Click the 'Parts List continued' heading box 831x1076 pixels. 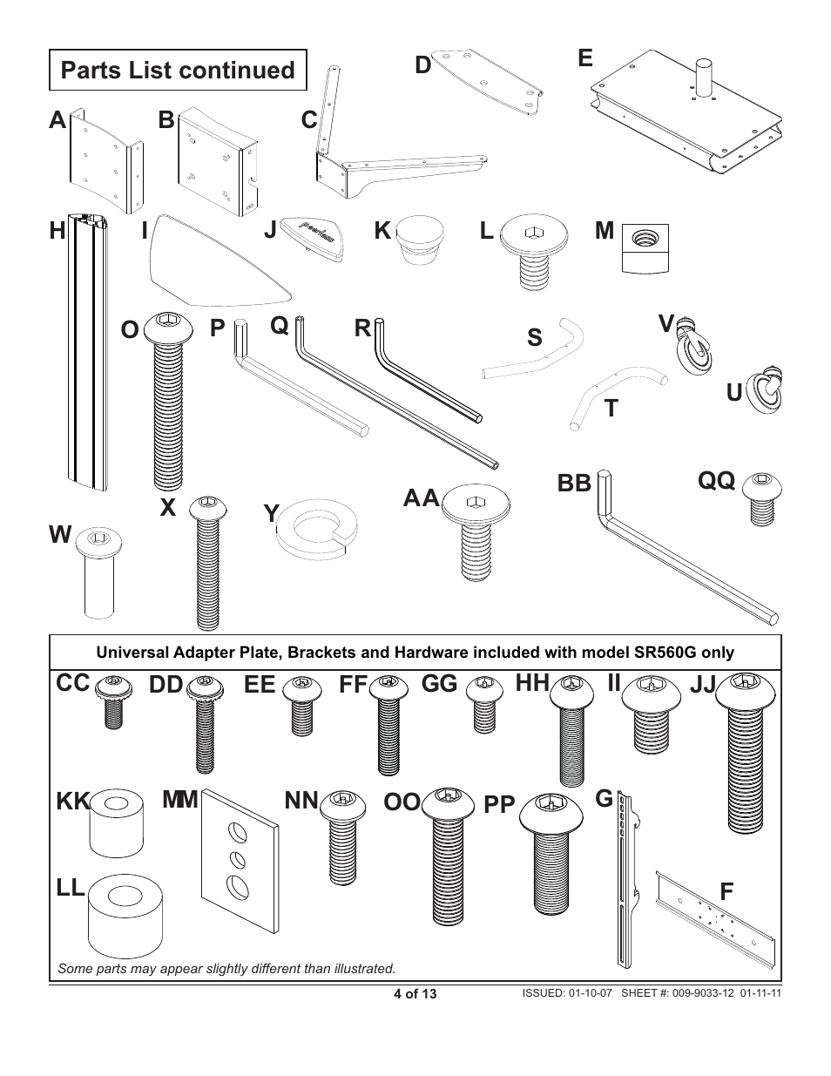click(178, 71)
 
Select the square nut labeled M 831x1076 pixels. click(645, 248)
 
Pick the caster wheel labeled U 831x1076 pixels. click(767, 390)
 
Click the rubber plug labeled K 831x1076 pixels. click(420, 243)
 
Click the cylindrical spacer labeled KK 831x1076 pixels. click(116, 823)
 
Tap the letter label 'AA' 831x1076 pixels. click(422, 499)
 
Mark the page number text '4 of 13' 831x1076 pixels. click(415, 993)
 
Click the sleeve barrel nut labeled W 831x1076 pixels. click(100, 571)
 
